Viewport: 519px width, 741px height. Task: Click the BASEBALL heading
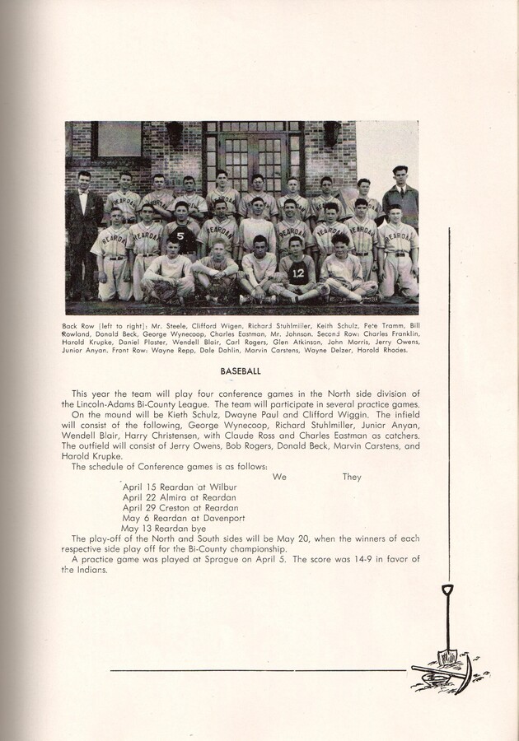pos(241,371)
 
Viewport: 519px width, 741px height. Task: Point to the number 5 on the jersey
pos(180,235)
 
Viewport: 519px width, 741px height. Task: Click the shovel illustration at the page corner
pos(446,634)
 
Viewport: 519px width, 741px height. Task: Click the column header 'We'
pos(279,477)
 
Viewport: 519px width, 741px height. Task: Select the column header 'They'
pos(352,477)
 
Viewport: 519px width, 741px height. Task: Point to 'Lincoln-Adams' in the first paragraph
pos(103,404)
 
